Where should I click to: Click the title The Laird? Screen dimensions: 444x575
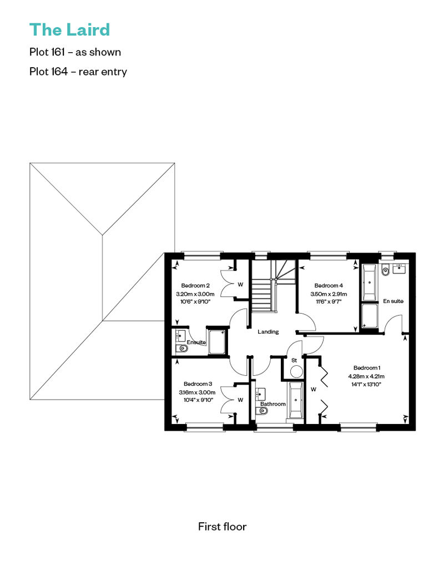click(70, 30)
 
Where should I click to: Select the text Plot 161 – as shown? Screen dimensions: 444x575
click(75, 52)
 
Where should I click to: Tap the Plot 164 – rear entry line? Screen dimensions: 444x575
click(78, 72)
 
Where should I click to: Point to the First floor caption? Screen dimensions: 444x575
click(222, 527)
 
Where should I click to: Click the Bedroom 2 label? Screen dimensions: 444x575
click(195, 285)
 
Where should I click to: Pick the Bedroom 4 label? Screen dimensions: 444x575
click(329, 285)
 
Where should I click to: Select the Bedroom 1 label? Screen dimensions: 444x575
click(367, 367)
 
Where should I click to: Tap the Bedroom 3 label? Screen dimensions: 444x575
click(198, 384)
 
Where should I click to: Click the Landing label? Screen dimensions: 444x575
click(268, 331)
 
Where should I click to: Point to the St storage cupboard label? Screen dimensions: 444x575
click(294, 360)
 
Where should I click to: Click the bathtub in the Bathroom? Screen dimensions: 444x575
click(295, 400)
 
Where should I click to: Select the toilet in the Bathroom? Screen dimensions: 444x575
click(263, 411)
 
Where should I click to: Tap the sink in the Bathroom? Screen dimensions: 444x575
click(260, 394)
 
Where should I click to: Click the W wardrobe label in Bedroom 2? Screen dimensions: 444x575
click(240, 284)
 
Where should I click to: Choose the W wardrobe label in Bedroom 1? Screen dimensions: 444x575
click(314, 389)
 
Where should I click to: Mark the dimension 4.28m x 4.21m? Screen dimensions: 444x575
click(366, 376)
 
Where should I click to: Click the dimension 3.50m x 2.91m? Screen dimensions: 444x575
click(329, 294)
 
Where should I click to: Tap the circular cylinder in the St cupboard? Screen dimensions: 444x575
click(296, 371)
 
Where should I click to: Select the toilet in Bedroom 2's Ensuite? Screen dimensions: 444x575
click(181, 348)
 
